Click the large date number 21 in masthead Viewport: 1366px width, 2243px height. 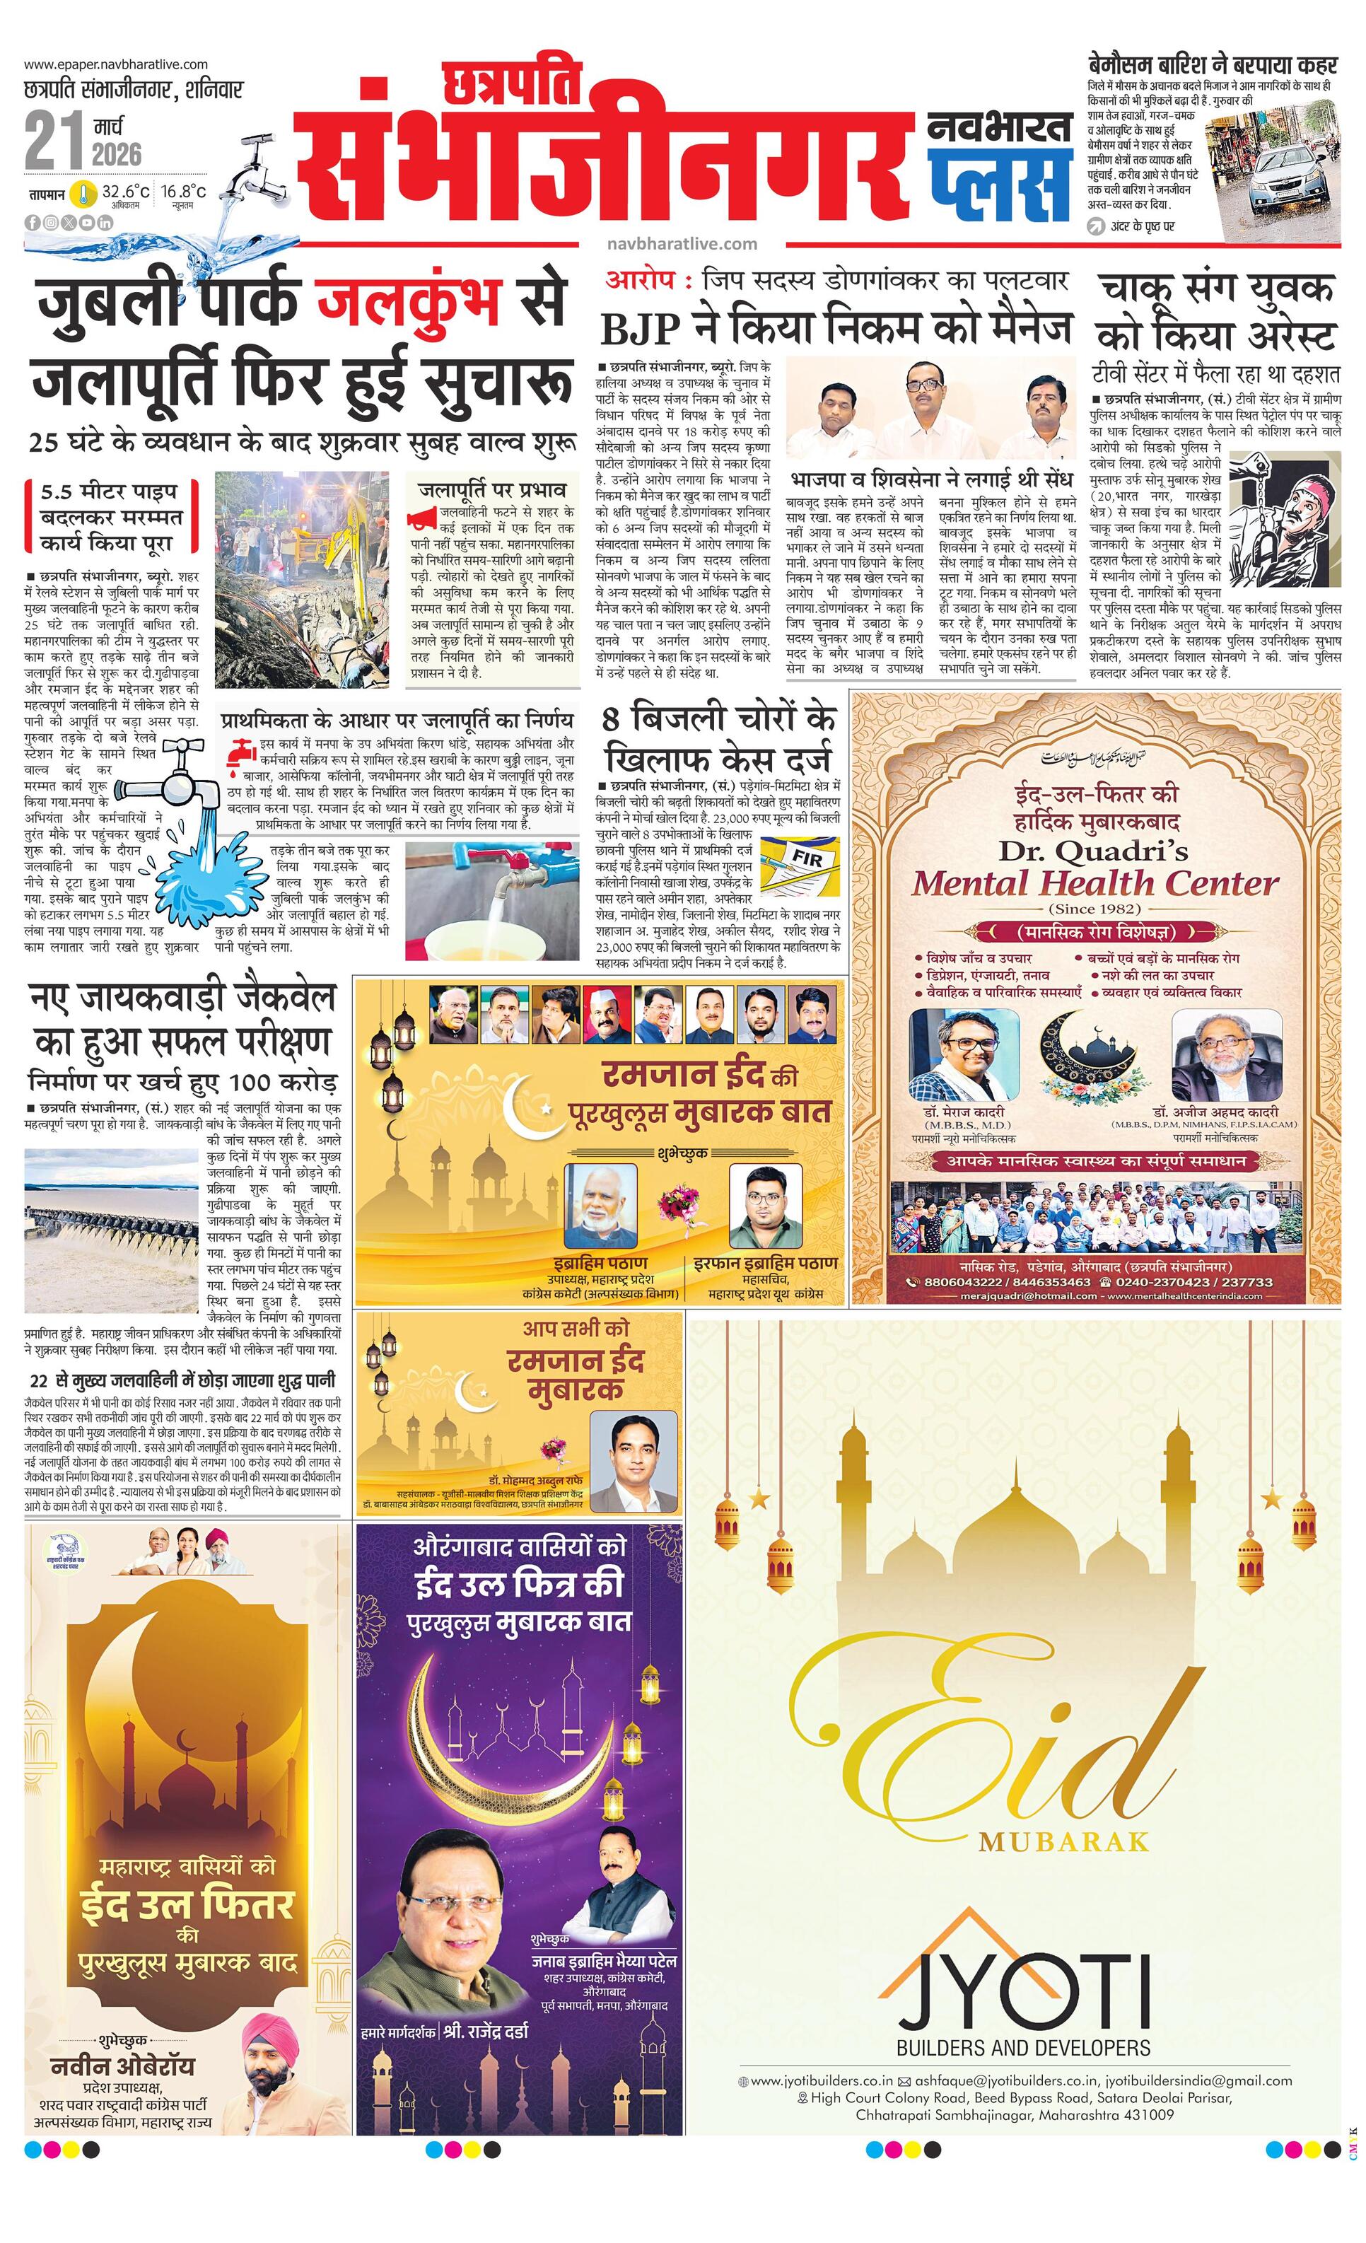pyautogui.click(x=54, y=139)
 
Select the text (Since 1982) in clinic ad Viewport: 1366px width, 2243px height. pyautogui.click(x=1094, y=909)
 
